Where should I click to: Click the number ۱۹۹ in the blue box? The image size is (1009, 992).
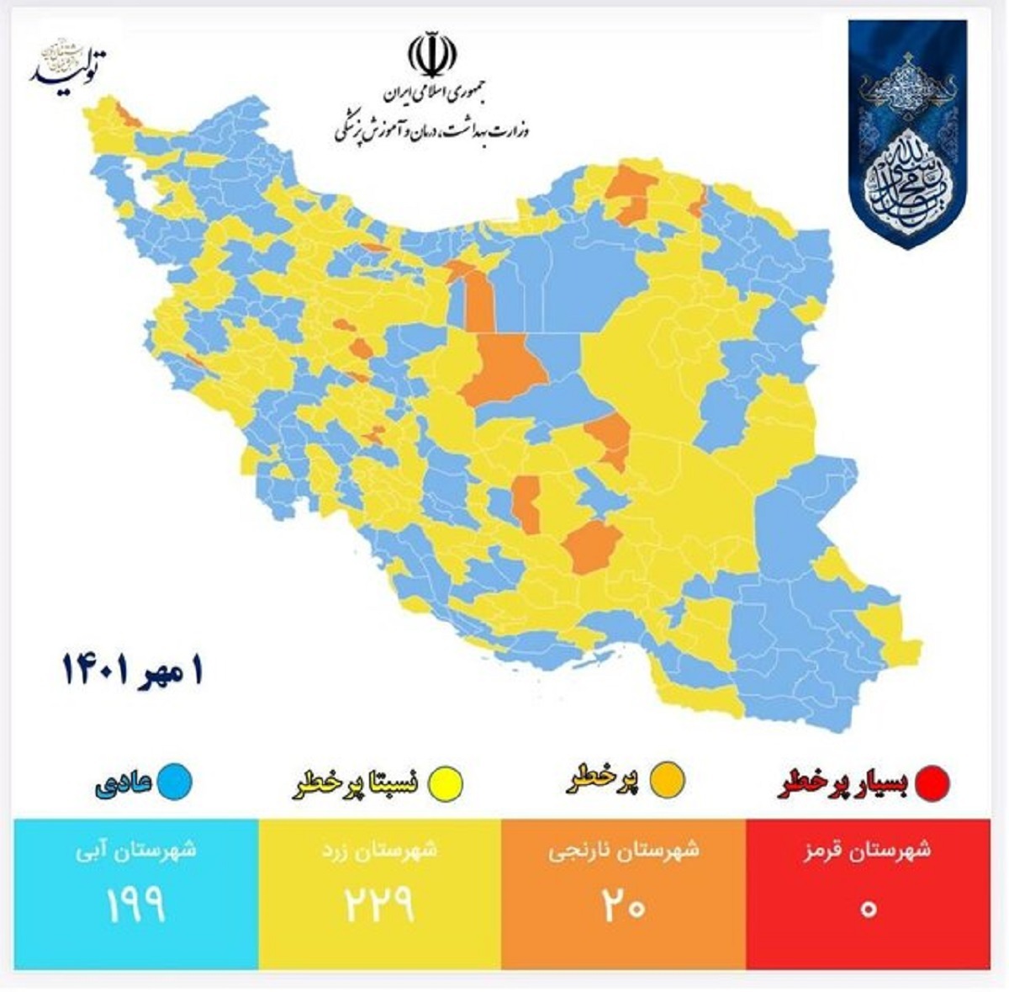click(135, 904)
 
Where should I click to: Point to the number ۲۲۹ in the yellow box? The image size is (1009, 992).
click(379, 904)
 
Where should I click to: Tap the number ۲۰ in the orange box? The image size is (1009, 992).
click(623, 906)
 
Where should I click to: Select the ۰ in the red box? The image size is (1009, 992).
click(869, 909)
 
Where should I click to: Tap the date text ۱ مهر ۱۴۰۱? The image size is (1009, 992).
click(133, 670)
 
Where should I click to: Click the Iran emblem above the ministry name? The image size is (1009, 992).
click(432, 54)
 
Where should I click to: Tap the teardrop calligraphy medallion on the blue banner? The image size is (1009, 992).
click(907, 177)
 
